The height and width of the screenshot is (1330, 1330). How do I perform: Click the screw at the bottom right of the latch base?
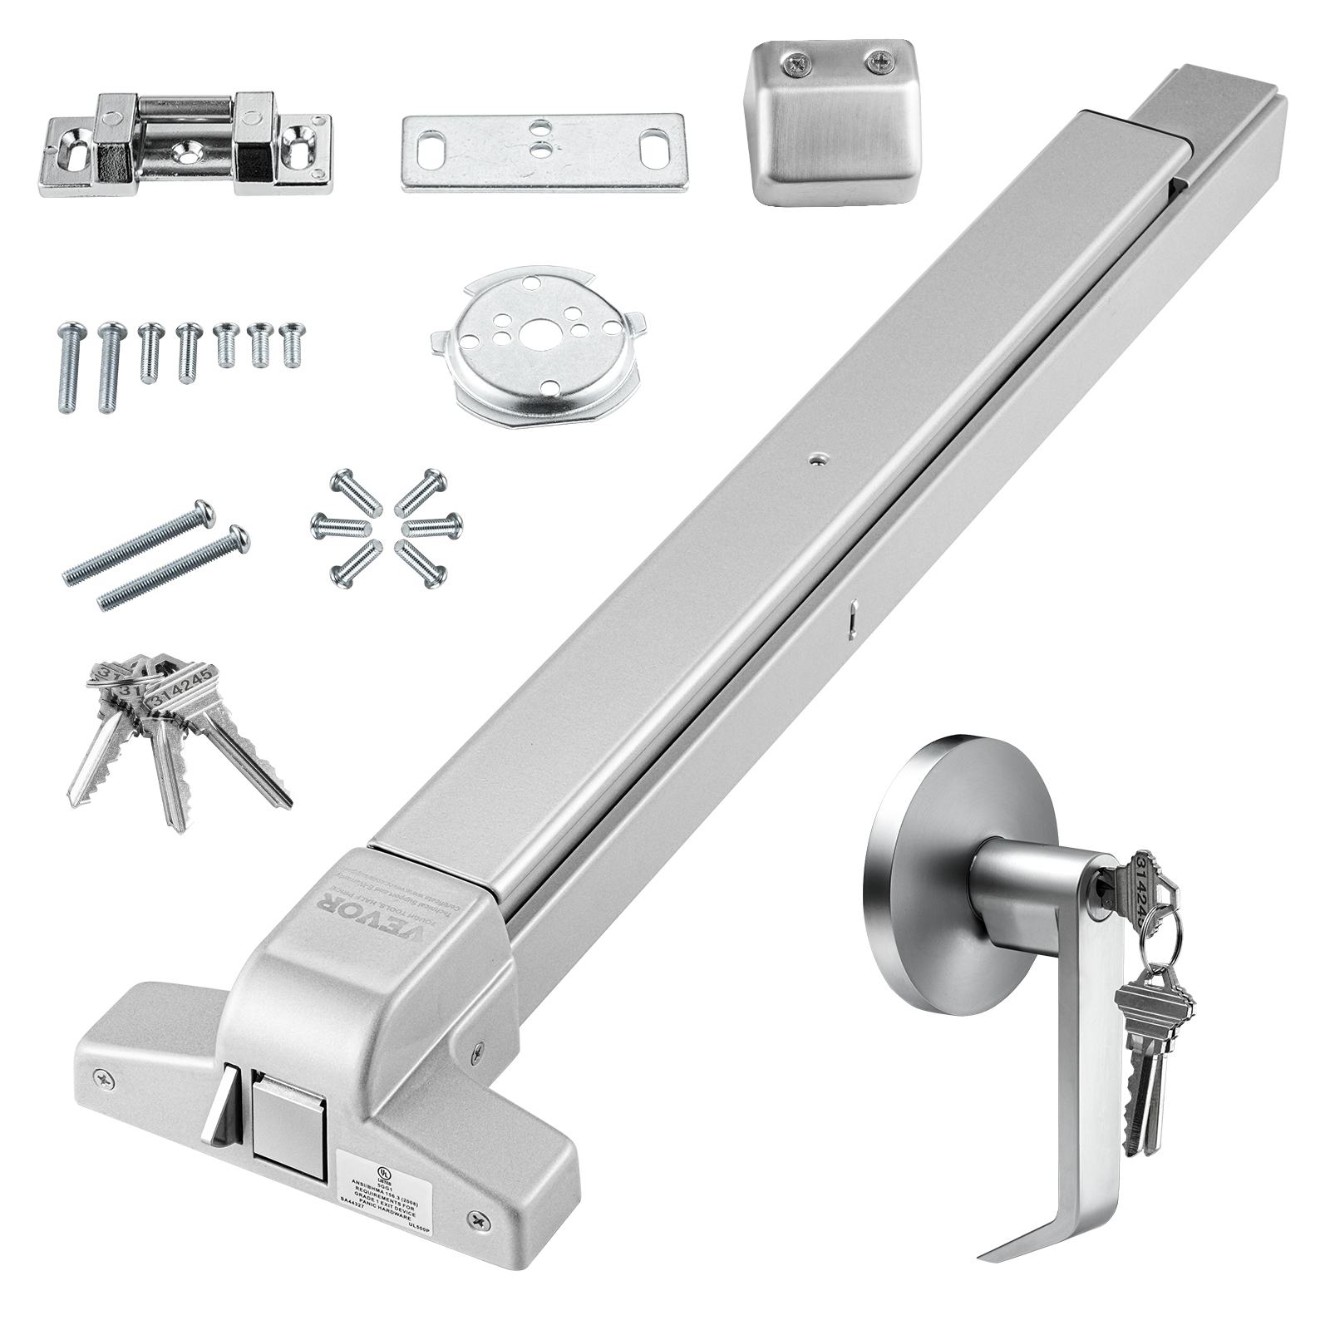pyautogui.click(x=478, y=1219)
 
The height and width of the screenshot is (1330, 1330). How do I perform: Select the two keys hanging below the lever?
pyautogui.click(x=1151, y=1056)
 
